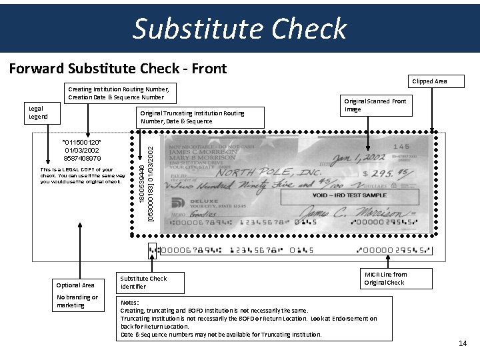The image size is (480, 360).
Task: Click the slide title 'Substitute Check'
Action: click(240, 29)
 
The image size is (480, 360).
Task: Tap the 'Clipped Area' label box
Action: click(429, 81)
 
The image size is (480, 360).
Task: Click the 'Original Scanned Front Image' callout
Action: click(375, 105)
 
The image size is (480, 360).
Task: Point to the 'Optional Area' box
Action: click(75, 285)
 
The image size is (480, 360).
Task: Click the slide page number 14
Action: click(463, 343)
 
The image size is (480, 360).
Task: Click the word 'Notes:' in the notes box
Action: click(130, 303)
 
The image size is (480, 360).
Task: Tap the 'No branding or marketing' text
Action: click(77, 301)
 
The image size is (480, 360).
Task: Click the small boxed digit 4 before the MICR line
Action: click(153, 251)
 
